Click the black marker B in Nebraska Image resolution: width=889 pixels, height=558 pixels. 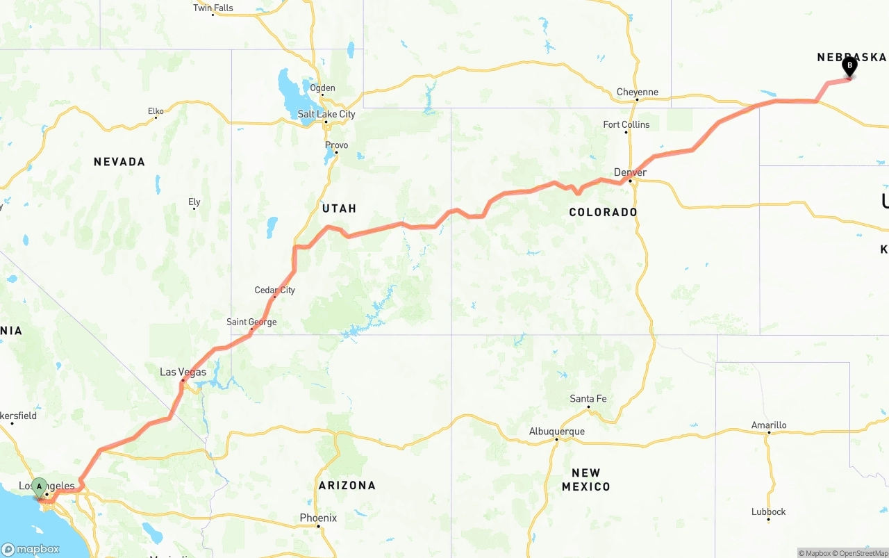click(849, 66)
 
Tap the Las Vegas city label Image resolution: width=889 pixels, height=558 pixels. click(183, 372)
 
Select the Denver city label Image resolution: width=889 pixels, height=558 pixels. click(630, 172)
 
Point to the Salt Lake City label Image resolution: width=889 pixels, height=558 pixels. click(326, 114)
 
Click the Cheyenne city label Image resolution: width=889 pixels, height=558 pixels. click(637, 92)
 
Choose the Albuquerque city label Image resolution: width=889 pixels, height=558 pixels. click(556, 431)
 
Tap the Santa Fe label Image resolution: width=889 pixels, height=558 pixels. click(588, 398)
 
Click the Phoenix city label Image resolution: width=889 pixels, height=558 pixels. click(318, 518)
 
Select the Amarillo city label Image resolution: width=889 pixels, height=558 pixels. click(769, 425)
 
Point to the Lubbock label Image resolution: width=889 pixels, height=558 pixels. click(768, 511)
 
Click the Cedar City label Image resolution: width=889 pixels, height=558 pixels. click(274, 290)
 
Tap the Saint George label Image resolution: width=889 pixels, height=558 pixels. click(251, 322)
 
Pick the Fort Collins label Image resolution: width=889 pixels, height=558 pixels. click(626, 124)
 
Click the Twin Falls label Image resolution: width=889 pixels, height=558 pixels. click(213, 8)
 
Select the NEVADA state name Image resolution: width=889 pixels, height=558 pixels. click(119, 162)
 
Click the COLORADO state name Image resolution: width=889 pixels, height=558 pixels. click(603, 212)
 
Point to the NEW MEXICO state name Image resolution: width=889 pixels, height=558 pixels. click(585, 479)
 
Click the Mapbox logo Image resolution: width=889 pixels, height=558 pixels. click(31, 549)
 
